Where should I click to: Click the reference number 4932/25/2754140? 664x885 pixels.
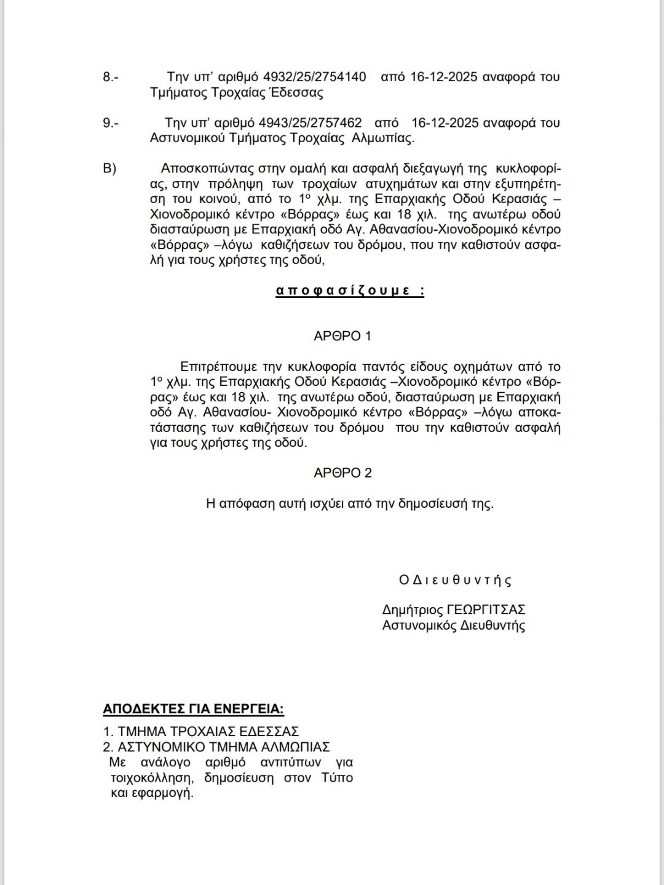point(314,77)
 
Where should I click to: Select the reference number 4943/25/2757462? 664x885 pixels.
point(310,122)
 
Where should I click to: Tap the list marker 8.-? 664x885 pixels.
point(111,77)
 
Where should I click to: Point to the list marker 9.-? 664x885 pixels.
point(111,122)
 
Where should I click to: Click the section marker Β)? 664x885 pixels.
point(109,168)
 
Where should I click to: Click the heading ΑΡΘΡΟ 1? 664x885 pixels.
point(342,336)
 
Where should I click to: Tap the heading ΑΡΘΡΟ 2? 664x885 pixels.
point(342,473)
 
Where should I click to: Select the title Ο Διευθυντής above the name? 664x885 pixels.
point(455,580)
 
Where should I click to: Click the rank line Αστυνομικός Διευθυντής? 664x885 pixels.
point(454,626)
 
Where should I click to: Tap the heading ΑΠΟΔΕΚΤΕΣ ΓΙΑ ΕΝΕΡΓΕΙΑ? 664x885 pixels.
point(193,709)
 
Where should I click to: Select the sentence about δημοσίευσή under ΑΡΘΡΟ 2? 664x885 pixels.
point(349,503)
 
